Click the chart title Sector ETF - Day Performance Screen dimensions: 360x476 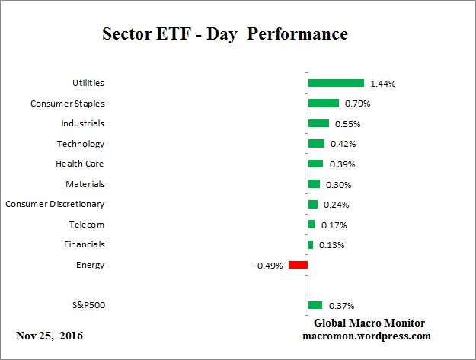pos(225,34)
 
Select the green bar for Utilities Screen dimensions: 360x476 pos(336,83)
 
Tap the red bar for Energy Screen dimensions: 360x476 pos(298,265)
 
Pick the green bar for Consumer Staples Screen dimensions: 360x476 pos(323,104)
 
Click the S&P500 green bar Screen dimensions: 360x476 pos(315,305)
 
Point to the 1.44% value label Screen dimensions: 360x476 pos(382,83)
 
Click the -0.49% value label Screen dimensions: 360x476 pos(269,266)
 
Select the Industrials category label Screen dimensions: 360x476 pos(82,123)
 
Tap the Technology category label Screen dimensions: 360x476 pos(80,144)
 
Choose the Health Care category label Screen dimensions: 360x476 pos(79,164)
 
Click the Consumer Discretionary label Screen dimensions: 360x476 pos(55,204)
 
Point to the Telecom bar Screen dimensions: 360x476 pos(311,225)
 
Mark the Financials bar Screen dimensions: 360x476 pos(311,244)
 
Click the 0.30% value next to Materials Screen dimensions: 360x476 pos(337,184)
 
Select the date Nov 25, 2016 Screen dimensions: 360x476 pos(50,336)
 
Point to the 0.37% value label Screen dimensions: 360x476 pos(340,306)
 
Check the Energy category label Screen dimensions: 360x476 pos(91,265)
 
